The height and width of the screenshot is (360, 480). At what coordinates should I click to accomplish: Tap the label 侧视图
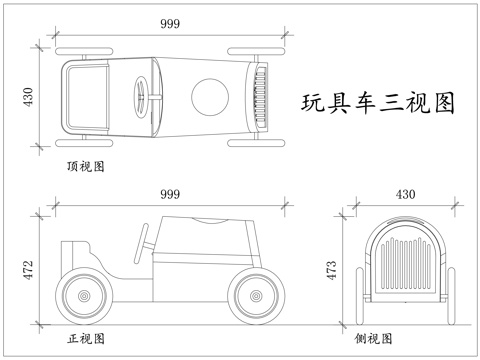pos(373,338)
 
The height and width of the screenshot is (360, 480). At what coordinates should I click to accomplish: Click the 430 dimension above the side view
pos(405,193)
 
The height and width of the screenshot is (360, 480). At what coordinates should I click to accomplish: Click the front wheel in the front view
pos(256,297)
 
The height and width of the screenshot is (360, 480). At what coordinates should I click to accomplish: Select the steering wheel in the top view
pos(141,97)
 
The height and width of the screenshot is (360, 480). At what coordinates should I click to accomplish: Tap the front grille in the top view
pos(261,97)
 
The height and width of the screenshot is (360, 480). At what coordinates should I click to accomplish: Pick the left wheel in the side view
pos(359,291)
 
